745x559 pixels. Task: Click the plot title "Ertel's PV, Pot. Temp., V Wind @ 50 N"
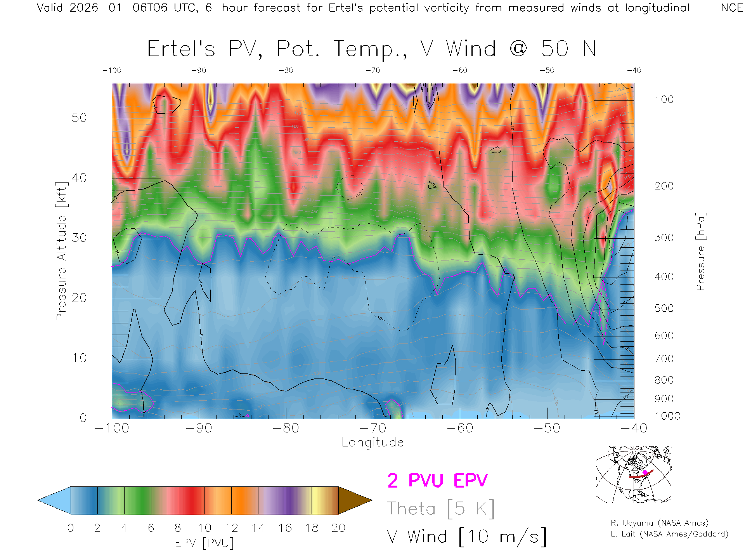(x=372, y=49)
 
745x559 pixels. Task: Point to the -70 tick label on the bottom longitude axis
(x=373, y=428)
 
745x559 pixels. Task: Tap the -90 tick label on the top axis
(x=199, y=71)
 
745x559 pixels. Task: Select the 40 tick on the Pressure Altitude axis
(x=79, y=178)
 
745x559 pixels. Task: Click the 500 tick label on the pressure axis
(x=664, y=308)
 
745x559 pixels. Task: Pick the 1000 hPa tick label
(x=667, y=416)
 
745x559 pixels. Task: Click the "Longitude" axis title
(x=372, y=443)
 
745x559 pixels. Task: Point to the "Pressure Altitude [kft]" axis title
(x=61, y=251)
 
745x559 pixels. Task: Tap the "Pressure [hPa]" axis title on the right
(x=700, y=251)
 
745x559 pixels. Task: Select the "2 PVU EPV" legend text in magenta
(x=437, y=481)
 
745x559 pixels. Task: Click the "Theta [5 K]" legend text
(x=441, y=509)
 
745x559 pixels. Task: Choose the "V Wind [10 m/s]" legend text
(x=466, y=537)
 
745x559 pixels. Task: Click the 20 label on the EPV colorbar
(x=338, y=528)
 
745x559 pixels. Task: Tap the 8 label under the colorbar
(x=178, y=528)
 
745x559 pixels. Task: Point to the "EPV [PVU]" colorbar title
(x=204, y=543)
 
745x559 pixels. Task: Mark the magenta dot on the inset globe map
(x=645, y=472)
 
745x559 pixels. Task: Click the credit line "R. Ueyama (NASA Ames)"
(x=659, y=523)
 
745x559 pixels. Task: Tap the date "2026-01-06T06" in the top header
(x=118, y=8)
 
